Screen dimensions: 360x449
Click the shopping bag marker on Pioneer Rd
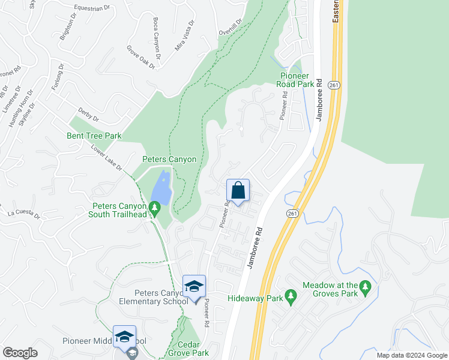[238, 191]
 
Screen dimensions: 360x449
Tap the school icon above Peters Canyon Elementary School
[194, 287]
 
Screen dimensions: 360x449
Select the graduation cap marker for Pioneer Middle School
[124, 337]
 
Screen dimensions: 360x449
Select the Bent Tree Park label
[95, 136]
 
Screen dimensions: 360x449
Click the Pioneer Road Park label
[297, 80]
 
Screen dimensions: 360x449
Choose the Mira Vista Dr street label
[185, 36]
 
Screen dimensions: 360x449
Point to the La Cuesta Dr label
[23, 214]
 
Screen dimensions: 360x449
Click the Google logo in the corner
[20, 353]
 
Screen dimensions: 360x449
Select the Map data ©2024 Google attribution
[412, 355]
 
